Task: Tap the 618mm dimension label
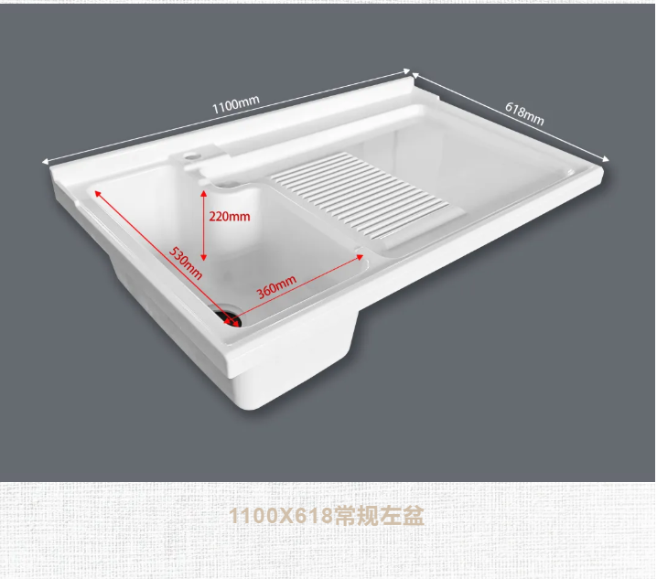(x=524, y=113)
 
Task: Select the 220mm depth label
(x=229, y=217)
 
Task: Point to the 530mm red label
(x=184, y=262)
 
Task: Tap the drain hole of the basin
(x=229, y=317)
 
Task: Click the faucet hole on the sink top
(x=190, y=156)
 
